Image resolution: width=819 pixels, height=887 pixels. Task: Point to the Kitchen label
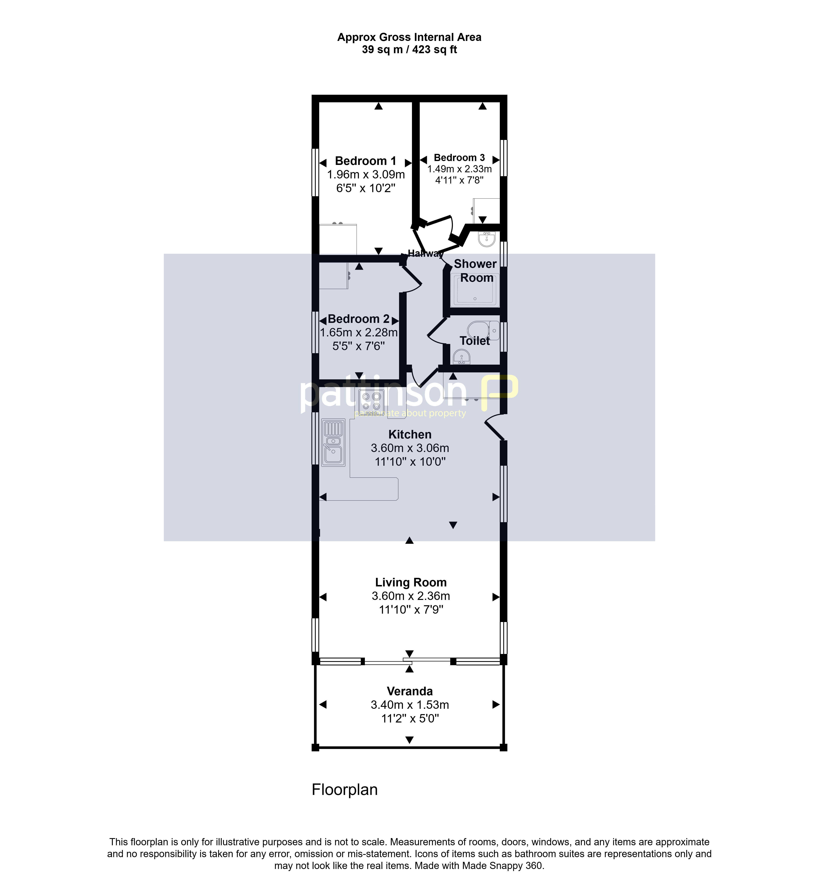[410, 434]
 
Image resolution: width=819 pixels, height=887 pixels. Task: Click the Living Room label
[411, 582]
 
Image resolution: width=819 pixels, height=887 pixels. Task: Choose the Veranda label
[410, 691]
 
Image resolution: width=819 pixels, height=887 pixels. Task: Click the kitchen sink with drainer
[333, 442]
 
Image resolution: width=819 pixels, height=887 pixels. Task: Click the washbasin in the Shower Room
[487, 239]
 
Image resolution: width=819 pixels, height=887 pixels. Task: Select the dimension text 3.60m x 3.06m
[410, 448]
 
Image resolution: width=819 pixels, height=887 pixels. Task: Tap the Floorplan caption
[345, 790]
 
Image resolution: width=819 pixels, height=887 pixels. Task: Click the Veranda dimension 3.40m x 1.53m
[410, 705]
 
